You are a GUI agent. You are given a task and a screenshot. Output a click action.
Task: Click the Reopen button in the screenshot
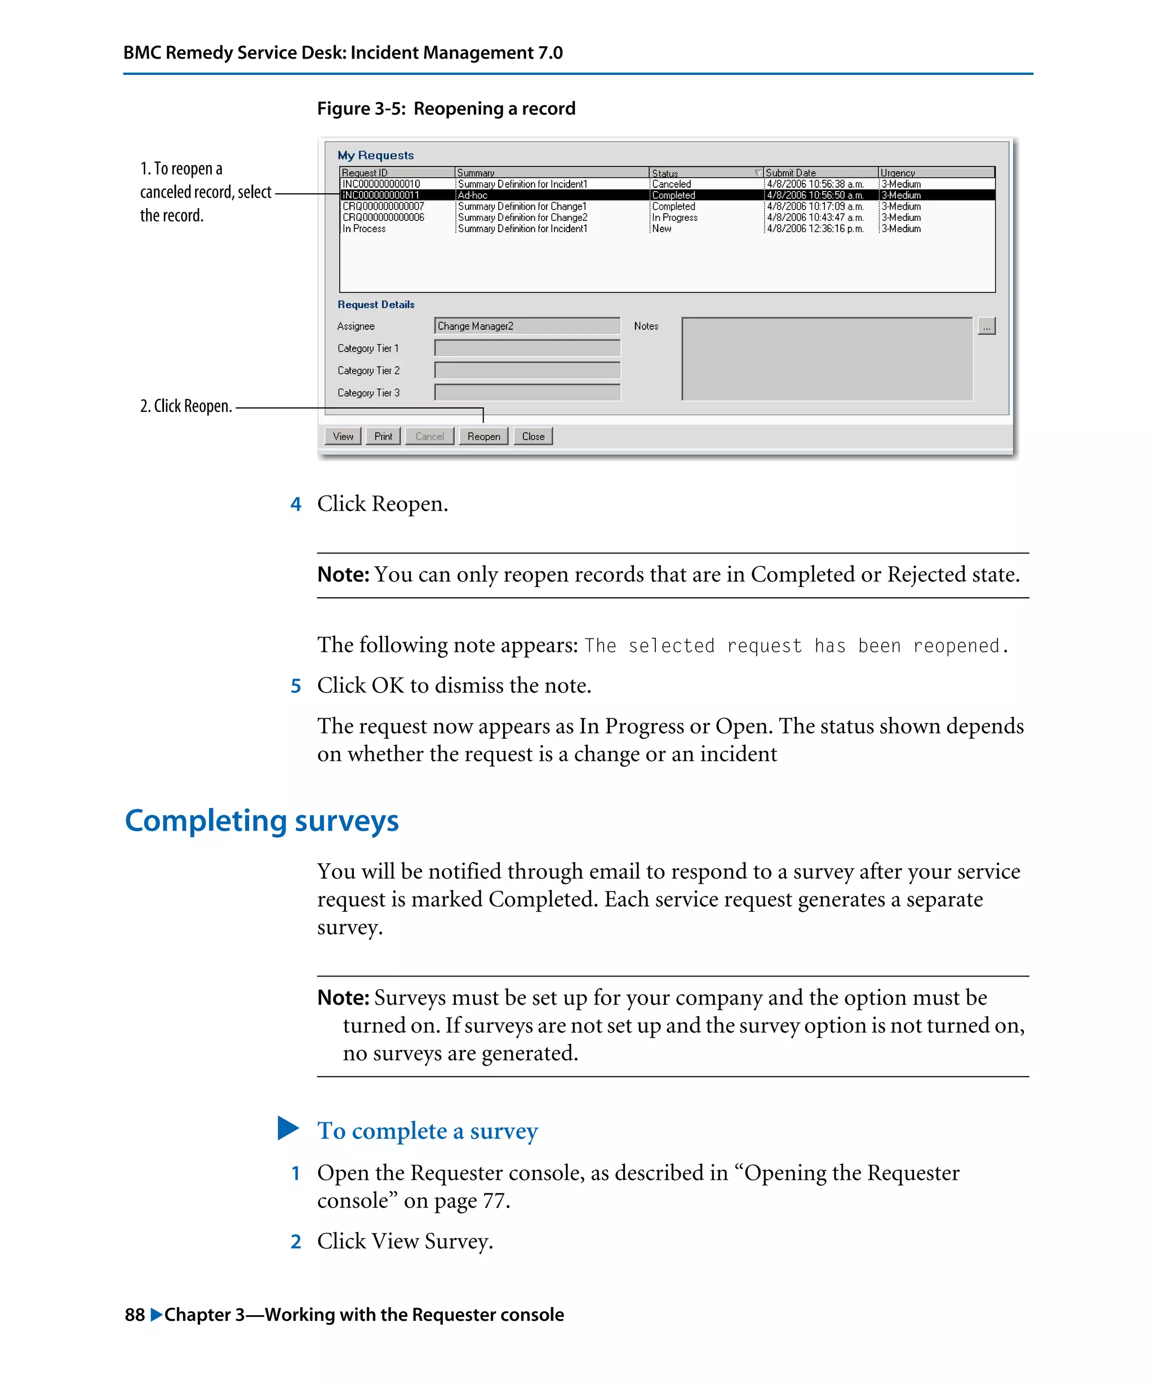point(483,436)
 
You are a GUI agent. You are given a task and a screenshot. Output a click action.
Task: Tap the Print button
point(383,436)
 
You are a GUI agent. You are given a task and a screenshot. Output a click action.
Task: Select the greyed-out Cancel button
point(429,436)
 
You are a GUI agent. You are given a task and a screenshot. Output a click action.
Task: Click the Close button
point(533,436)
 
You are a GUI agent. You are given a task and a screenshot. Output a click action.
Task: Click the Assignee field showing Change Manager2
point(526,326)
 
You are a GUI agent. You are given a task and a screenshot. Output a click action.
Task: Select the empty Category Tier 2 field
point(526,370)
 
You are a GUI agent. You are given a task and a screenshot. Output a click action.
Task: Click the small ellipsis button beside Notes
point(986,326)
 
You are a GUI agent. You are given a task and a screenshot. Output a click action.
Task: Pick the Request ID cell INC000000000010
point(381,184)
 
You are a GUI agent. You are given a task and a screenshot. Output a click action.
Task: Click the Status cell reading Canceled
point(671,184)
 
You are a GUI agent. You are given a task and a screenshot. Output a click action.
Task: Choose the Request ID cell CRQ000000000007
point(383,206)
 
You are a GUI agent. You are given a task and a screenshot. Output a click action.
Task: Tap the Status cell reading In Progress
point(674,217)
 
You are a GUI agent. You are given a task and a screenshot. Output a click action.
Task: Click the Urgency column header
point(898,173)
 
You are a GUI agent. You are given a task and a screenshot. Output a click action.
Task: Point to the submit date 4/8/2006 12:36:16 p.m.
point(815,229)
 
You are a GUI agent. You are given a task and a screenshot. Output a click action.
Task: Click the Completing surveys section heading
point(262,820)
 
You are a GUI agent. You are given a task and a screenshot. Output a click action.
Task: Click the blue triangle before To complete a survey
point(288,1128)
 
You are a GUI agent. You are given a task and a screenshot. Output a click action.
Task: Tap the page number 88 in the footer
point(135,1315)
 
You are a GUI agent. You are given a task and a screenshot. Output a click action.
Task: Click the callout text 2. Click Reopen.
point(186,406)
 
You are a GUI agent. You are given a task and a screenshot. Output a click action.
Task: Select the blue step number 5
point(296,686)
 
